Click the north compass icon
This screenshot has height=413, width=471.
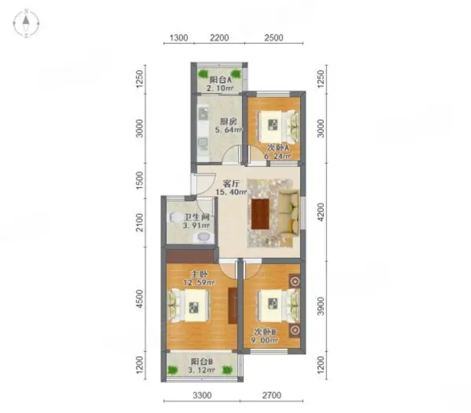pyautogui.click(x=26, y=24)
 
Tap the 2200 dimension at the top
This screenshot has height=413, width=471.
pyautogui.click(x=219, y=38)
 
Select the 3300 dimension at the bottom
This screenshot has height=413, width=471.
pyautogui.click(x=202, y=395)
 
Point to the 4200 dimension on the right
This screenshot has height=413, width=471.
pyautogui.click(x=321, y=212)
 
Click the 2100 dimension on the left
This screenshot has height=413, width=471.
pyautogui.click(x=140, y=222)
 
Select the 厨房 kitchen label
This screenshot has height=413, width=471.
pyautogui.click(x=228, y=122)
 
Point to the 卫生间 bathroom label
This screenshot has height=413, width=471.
pyautogui.click(x=197, y=217)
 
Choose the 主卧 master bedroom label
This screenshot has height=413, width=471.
pyautogui.click(x=199, y=274)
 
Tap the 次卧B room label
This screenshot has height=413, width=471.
pyautogui.click(x=265, y=332)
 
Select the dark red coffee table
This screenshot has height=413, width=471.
pyautogui.click(x=260, y=214)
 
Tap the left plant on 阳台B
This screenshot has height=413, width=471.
pyautogui.click(x=172, y=370)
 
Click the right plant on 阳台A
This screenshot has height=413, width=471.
pyautogui.click(x=236, y=73)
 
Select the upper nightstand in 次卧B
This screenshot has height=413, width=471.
pyautogui.click(x=295, y=281)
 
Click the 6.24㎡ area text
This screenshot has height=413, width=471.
pyautogui.click(x=277, y=156)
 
